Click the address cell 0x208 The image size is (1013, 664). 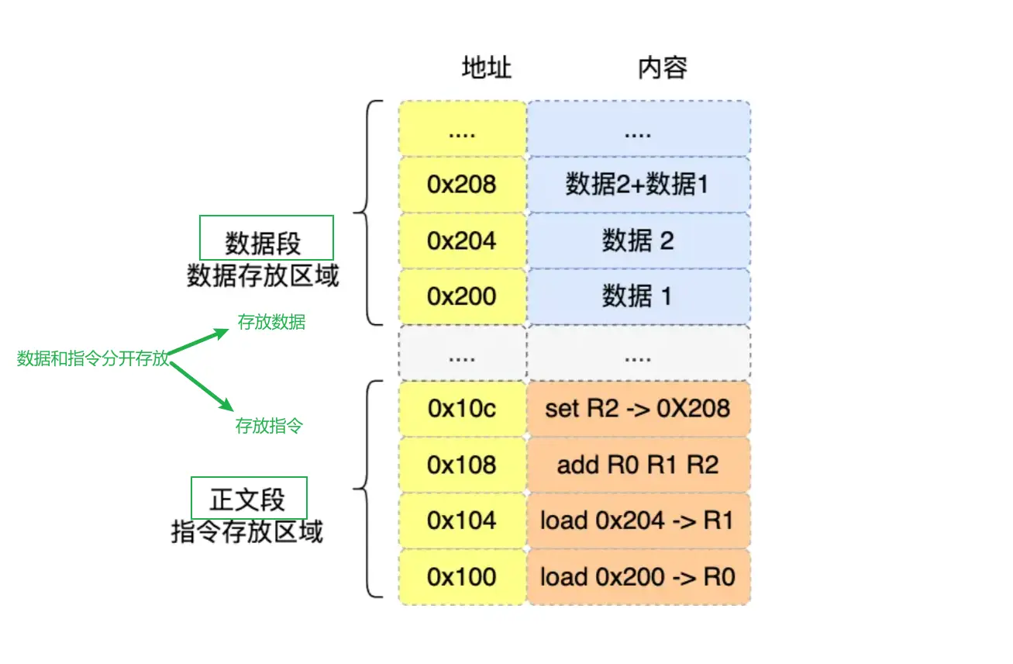pos(462,185)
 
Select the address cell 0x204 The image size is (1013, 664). pos(462,240)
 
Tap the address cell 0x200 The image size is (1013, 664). pos(462,296)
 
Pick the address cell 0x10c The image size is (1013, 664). pos(462,408)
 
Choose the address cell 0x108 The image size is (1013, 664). pos(462,464)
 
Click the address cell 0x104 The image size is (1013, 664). pos(462,520)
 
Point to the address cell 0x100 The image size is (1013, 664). pos(462,576)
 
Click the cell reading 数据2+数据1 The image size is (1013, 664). pos(638,185)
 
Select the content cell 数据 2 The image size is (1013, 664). pos(638,240)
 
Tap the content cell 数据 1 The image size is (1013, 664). pos(638,296)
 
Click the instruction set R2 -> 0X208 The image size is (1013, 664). pos(638,408)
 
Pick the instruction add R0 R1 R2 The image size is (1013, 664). pos(638,464)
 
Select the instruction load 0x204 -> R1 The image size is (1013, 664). pos(638,520)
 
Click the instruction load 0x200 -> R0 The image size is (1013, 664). pos(638,576)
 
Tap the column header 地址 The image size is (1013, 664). pos(487,68)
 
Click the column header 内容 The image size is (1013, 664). pos(663,68)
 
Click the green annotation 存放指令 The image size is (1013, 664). pos(269,426)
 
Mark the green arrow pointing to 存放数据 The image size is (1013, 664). pos(199,341)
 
